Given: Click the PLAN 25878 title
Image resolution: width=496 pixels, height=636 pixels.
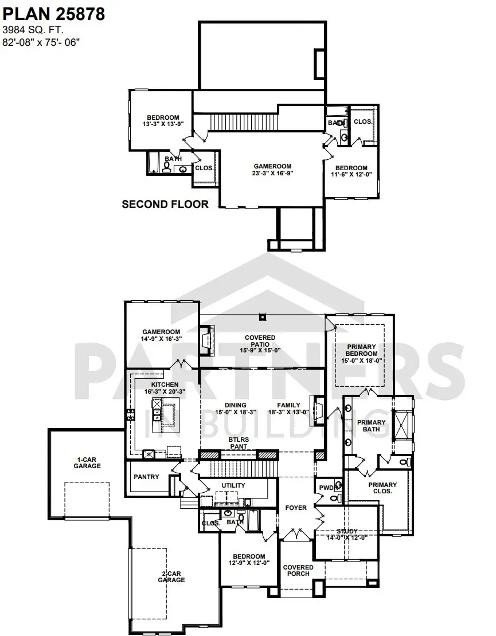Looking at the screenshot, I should pos(54,14).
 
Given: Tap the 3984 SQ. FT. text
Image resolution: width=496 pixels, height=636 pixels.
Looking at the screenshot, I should pos(34,30).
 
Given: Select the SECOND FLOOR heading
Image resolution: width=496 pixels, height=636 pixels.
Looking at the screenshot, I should pos(165,204).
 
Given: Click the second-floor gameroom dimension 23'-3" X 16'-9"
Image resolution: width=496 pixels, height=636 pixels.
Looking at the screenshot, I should pos(273,173).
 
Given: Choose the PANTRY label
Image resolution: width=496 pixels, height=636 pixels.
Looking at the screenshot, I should pos(146,477).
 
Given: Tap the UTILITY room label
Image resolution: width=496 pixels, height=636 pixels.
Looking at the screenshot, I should pos(233,485).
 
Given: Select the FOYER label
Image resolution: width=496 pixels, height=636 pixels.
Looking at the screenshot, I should pos(296,508).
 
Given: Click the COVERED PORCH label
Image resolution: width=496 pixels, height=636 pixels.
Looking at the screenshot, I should pos(298,570).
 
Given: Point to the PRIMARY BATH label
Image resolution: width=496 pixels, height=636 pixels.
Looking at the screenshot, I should pos(372,426).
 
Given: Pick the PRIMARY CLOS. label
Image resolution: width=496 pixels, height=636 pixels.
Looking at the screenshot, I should pos(382,488).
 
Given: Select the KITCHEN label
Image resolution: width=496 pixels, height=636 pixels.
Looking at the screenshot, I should pos(165,384).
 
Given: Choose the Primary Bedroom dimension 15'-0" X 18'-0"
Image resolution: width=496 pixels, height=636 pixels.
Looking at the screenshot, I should pos(361,360).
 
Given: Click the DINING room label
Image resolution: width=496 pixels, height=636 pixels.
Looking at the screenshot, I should pos(236,405).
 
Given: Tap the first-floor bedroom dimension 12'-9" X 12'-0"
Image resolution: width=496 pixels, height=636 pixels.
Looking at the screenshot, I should pos(249,563).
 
